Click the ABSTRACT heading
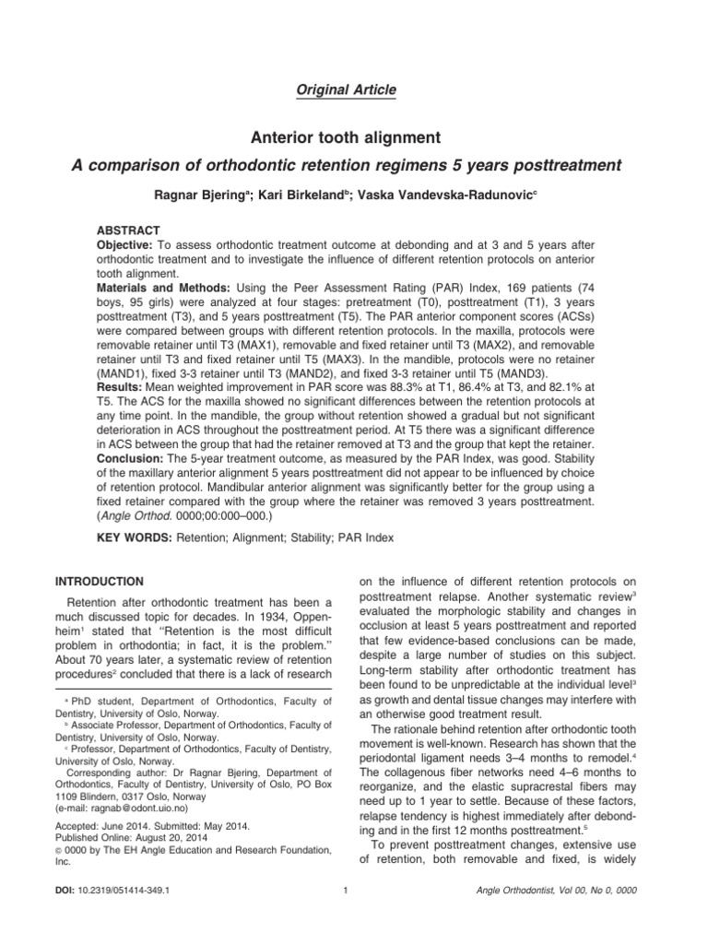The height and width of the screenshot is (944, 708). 129,230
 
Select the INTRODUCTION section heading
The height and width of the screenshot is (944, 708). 99,582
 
